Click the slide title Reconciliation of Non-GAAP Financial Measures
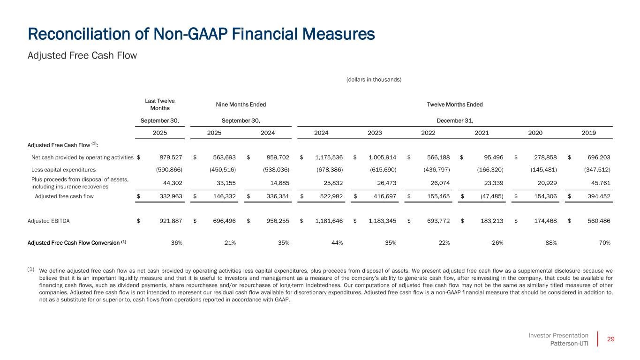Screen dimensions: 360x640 (x=202, y=34)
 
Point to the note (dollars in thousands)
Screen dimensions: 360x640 (x=374, y=80)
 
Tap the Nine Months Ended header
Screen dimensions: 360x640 (x=241, y=105)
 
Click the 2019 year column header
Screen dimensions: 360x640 (x=589, y=133)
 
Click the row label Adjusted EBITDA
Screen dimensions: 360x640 (x=49, y=221)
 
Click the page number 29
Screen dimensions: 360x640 (x=610, y=339)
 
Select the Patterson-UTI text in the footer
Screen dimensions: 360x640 (x=569, y=344)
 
